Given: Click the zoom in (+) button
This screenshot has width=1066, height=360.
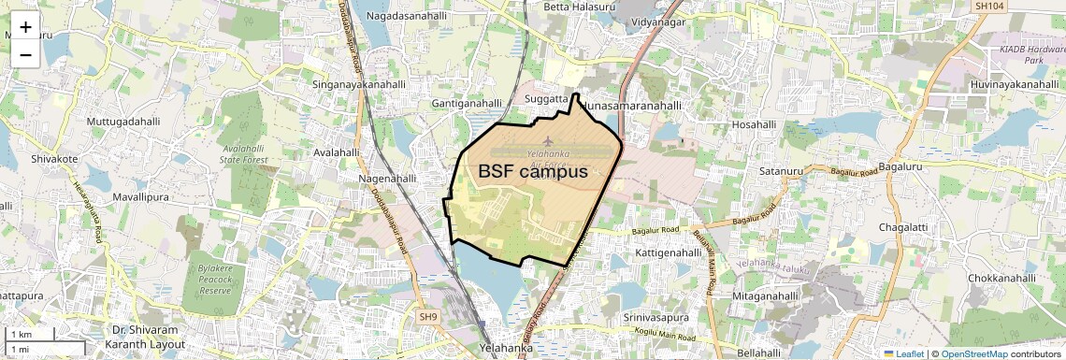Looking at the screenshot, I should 25,27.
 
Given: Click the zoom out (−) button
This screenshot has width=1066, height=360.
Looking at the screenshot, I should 25,55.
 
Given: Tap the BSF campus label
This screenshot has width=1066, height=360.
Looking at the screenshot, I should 533,172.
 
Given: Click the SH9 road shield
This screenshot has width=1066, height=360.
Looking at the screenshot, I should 427,317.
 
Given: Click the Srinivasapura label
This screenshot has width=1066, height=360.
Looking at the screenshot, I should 656,317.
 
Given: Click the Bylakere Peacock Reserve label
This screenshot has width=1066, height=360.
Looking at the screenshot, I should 214,280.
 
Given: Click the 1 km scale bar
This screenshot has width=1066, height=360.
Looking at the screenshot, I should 31,335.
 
